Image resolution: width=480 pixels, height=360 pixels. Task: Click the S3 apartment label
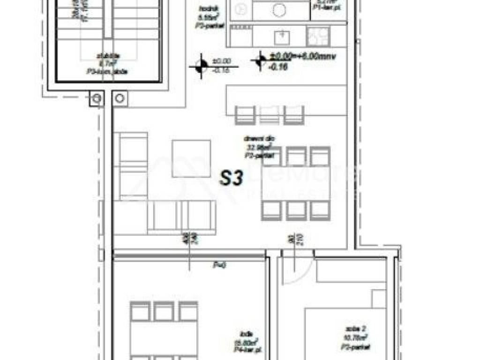coord(231,179)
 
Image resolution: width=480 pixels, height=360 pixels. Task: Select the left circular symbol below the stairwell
coord(97,98)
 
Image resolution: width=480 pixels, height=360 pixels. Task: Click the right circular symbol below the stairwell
coord(120,98)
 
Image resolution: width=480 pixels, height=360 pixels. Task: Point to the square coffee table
coord(191,159)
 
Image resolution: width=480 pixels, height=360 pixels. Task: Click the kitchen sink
coord(282,35)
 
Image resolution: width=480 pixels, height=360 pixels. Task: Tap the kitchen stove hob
coord(318,36)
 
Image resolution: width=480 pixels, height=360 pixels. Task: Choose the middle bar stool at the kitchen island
coord(269,115)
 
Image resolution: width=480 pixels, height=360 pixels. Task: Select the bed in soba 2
coord(347,333)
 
